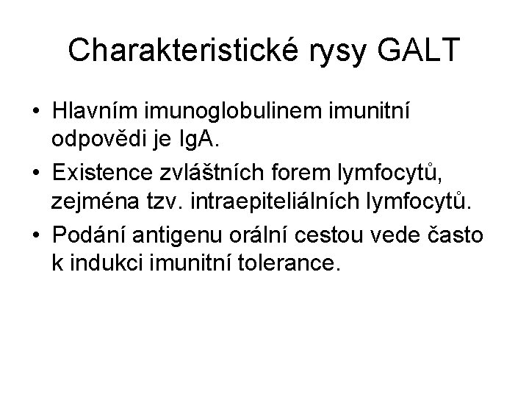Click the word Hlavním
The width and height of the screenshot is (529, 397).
pos(97,112)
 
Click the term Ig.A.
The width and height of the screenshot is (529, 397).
pos(199,138)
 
